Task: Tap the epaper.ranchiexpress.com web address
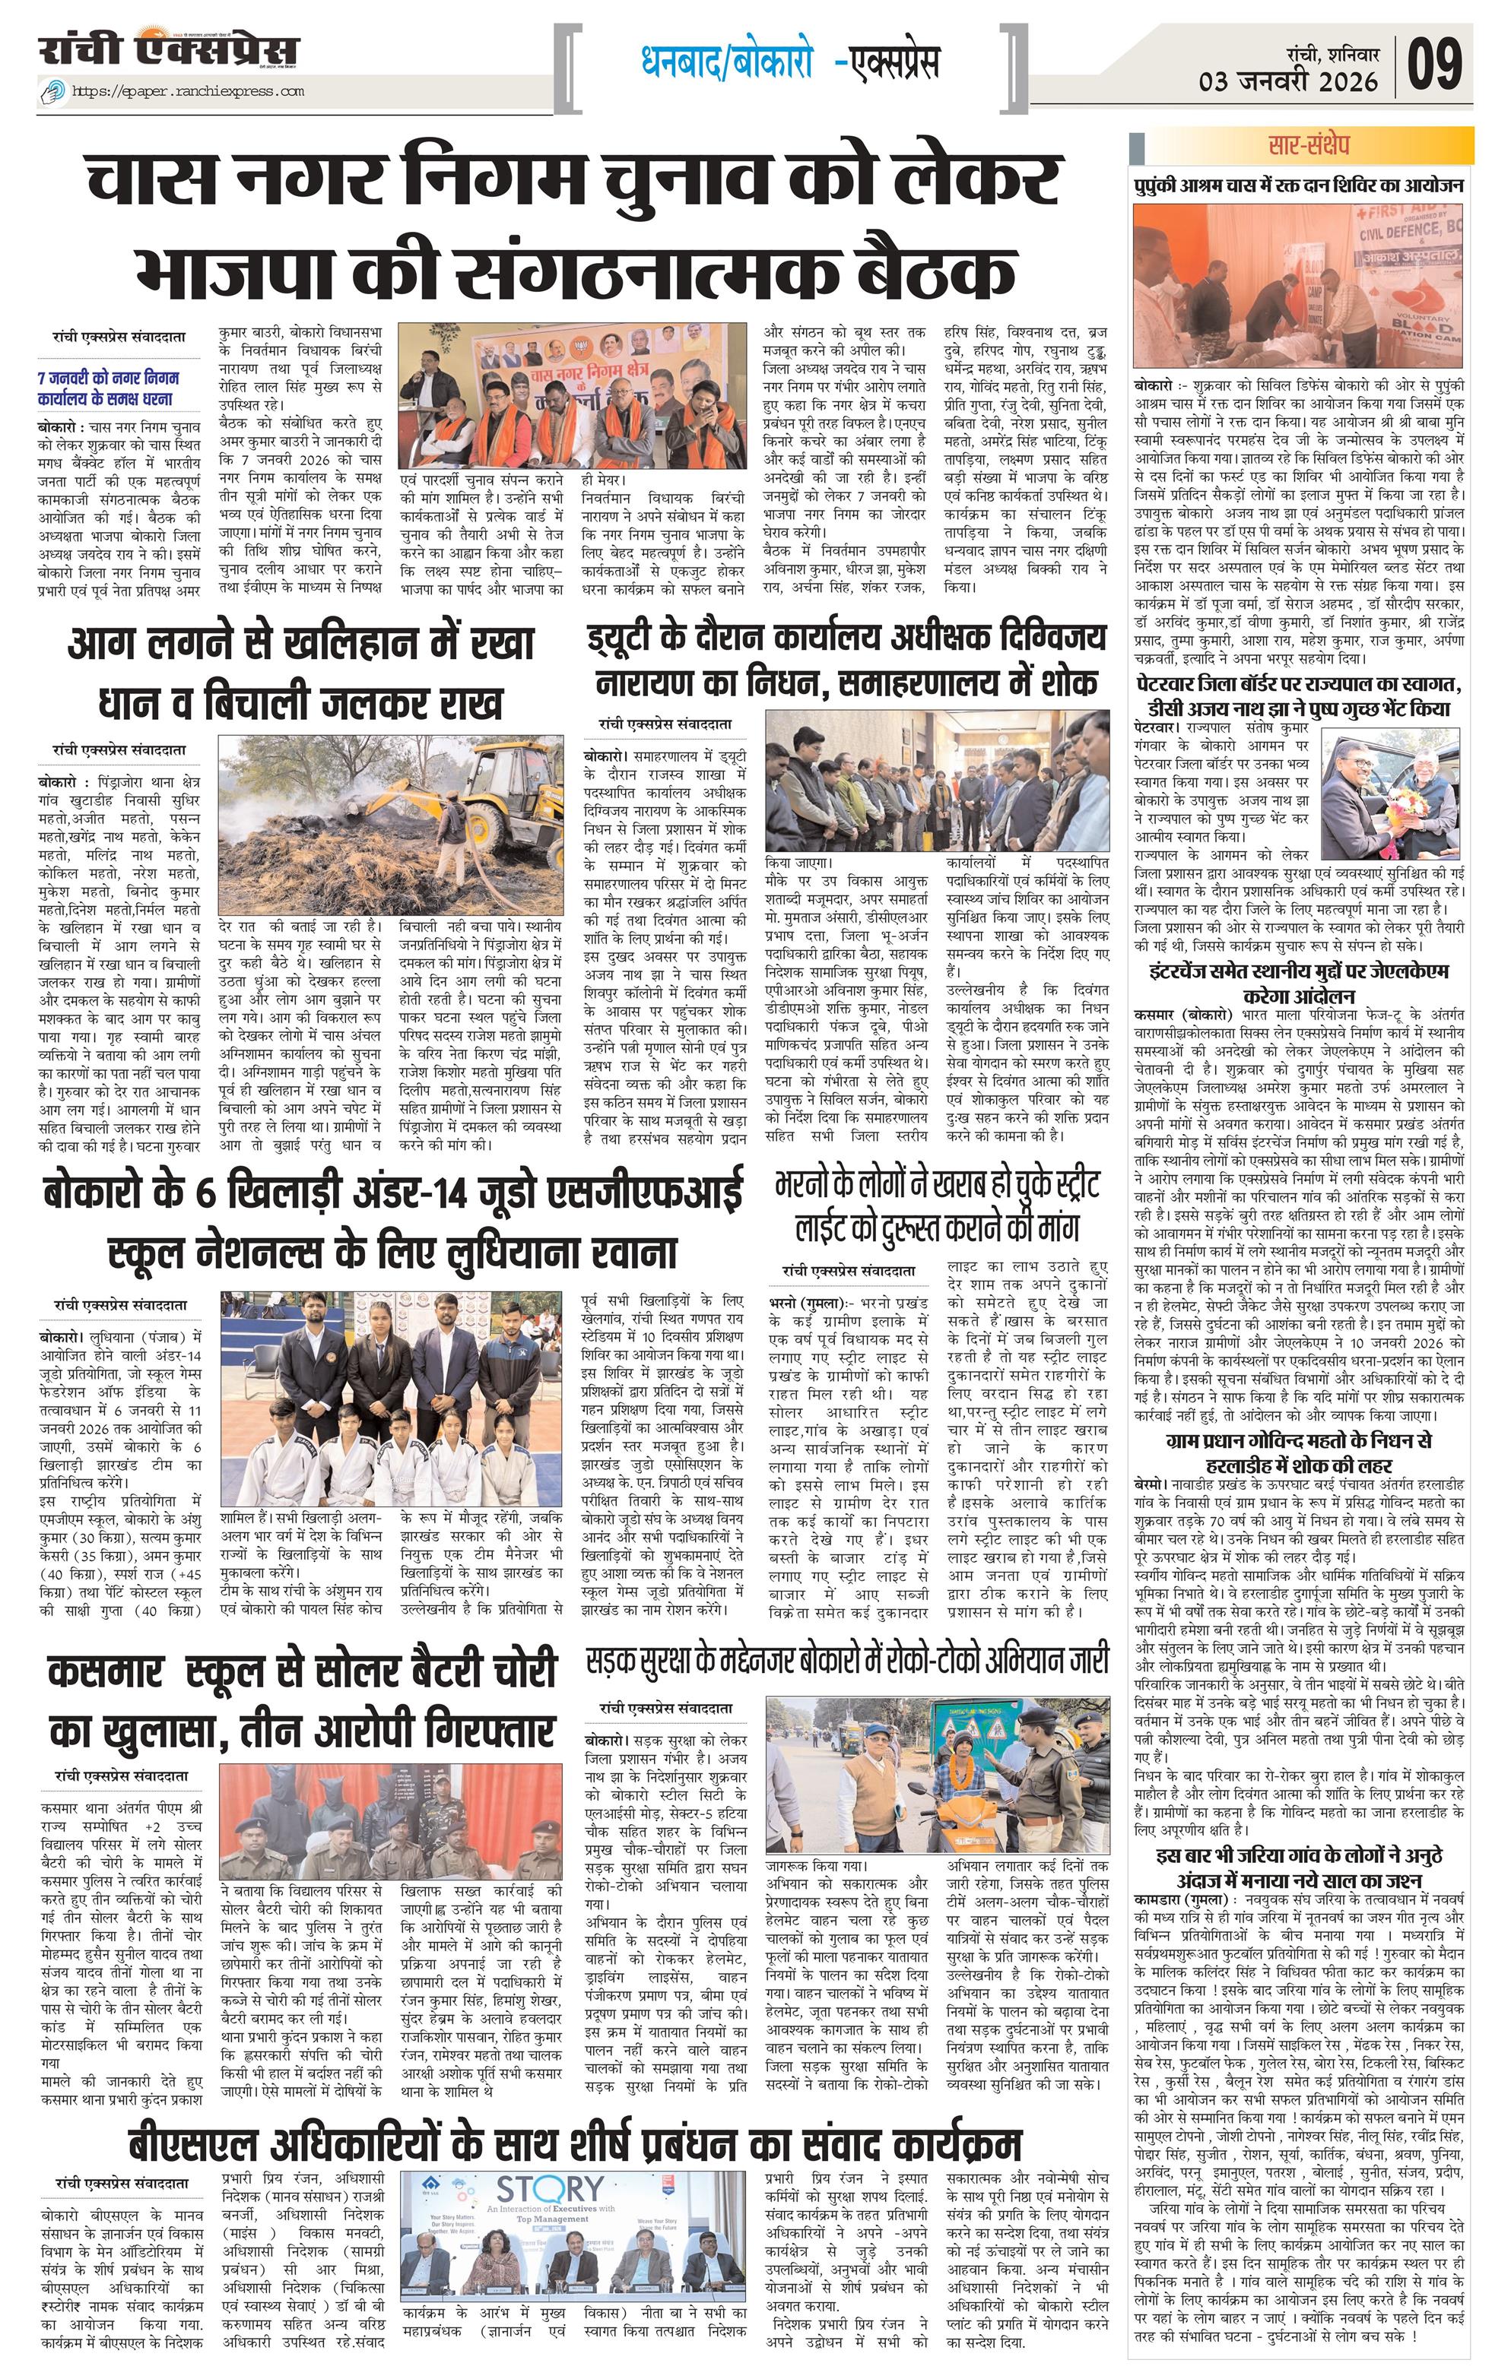[188, 92]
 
